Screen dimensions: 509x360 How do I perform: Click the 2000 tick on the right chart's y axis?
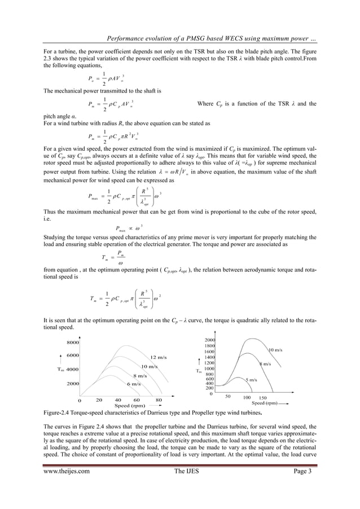(210, 340)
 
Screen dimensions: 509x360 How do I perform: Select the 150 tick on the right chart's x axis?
(262, 398)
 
